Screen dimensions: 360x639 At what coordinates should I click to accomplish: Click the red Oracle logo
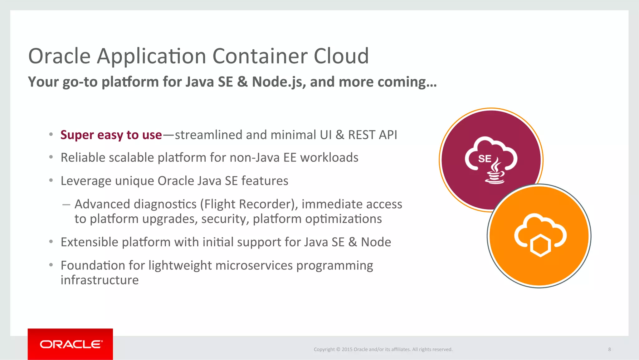point(70,344)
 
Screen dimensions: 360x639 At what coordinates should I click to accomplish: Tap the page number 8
point(609,349)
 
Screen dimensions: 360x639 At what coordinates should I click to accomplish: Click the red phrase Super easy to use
point(111,135)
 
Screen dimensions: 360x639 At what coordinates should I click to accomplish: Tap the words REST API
point(373,135)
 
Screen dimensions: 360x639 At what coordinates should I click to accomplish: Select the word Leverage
point(86,181)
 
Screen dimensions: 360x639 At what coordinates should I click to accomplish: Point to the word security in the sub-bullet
point(225,219)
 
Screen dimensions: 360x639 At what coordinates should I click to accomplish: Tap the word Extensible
point(89,242)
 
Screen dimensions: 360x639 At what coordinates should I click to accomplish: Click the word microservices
point(254,265)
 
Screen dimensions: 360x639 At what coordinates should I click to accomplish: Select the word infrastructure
point(100,280)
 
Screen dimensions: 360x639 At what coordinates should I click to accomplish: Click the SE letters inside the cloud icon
point(485,159)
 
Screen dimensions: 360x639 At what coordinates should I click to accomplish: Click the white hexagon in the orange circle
point(540,246)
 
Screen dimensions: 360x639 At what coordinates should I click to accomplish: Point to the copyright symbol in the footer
point(338,349)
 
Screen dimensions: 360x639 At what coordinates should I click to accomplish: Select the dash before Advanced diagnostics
point(66,205)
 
